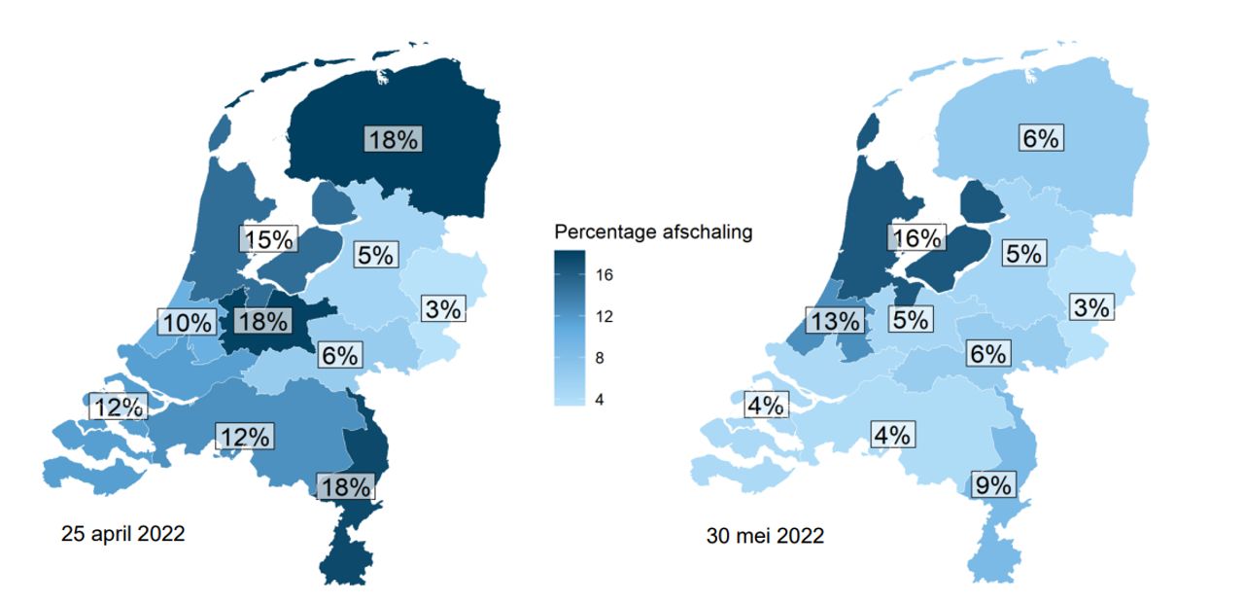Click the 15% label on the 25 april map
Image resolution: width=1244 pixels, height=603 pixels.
click(x=267, y=239)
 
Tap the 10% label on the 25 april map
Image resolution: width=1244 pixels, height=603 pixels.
click(x=187, y=322)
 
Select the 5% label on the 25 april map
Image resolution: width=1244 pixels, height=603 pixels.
click(x=375, y=255)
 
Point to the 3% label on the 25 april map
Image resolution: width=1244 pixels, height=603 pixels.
click(x=443, y=309)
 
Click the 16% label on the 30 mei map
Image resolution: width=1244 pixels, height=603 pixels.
click(x=916, y=238)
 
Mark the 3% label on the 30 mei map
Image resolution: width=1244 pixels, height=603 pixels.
click(x=1091, y=307)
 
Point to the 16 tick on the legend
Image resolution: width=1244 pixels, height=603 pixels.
click(x=604, y=276)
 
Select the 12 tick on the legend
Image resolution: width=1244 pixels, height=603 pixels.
click(x=604, y=317)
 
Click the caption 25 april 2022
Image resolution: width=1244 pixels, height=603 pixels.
click(x=122, y=534)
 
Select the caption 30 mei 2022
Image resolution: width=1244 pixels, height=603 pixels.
click(x=766, y=536)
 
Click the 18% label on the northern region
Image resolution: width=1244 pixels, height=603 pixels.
click(x=393, y=139)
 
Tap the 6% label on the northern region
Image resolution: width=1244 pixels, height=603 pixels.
click(x=1039, y=138)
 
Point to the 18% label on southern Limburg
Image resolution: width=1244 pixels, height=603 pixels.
click(x=346, y=486)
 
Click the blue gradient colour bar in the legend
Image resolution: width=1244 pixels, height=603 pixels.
click(x=570, y=328)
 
